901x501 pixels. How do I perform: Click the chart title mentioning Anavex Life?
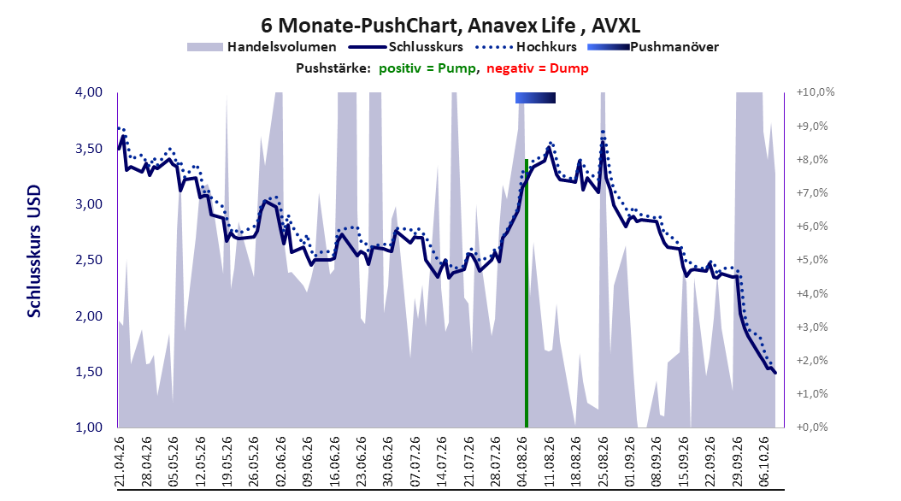pyautogui.click(x=450, y=26)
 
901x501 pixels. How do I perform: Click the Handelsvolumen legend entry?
pyautogui.click(x=262, y=47)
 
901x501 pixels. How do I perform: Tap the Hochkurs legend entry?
pyautogui.click(x=527, y=47)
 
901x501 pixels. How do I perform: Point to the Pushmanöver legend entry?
pyautogui.click(x=653, y=47)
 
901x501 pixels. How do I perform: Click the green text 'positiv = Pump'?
pyautogui.click(x=427, y=68)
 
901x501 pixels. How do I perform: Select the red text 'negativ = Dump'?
pyautogui.click(x=538, y=68)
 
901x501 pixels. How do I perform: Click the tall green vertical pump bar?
pyautogui.click(x=527, y=293)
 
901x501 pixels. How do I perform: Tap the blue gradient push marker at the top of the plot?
pyautogui.click(x=535, y=97)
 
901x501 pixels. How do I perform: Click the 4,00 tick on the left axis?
pyautogui.click(x=89, y=92)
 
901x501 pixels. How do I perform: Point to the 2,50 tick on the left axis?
pyautogui.click(x=89, y=260)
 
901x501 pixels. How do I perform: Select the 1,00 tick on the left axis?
pyautogui.click(x=89, y=427)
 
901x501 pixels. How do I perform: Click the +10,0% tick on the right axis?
pyautogui.click(x=815, y=92)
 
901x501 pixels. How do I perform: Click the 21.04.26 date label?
pyautogui.click(x=120, y=462)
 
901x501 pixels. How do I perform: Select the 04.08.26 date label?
pyautogui.click(x=522, y=462)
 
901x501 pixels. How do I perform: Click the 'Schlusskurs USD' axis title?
pyautogui.click(x=34, y=251)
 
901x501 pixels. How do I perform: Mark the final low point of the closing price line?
pyautogui.click(x=774, y=373)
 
